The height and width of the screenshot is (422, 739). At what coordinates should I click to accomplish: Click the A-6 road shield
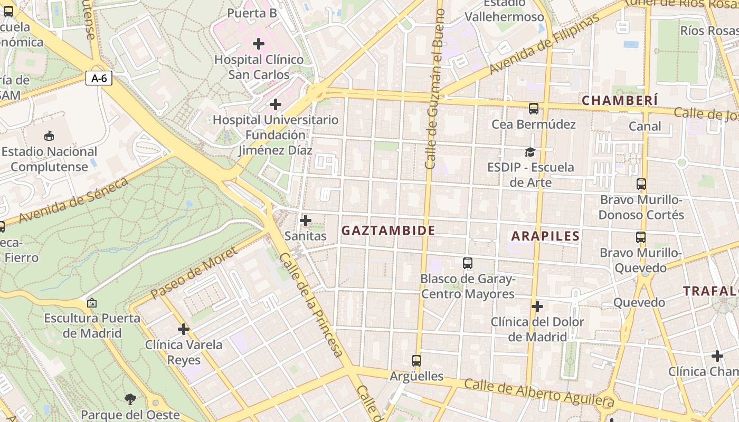pos(99,79)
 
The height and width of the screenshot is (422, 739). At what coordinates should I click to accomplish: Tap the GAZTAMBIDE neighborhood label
pos(388,231)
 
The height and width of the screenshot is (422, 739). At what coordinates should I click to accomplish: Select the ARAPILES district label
pos(545,236)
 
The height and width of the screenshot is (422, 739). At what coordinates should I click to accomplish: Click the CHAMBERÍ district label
pos(620,100)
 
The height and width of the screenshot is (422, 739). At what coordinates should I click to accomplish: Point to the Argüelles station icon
pos(416,361)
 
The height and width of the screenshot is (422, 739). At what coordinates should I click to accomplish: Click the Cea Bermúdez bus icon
pos(534,109)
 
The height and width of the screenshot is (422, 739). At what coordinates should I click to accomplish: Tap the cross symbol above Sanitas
pos(306,220)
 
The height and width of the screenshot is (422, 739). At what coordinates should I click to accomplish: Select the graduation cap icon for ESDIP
pos(530,152)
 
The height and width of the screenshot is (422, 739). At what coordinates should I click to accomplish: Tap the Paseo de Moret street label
pos(194,273)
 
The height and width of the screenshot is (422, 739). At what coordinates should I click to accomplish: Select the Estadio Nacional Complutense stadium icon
pos(49,136)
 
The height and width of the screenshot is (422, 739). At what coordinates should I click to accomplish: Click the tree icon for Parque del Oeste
pos(130,399)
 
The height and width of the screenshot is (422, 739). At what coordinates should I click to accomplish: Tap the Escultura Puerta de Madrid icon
pos(92,303)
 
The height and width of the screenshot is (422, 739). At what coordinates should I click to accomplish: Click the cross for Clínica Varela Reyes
pos(184,329)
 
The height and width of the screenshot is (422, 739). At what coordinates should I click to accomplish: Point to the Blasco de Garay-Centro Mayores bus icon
pos(467,263)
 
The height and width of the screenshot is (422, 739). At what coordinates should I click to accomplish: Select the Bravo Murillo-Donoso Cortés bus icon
pos(641,184)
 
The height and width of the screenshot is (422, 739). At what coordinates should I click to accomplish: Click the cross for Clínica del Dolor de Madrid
pos(537,306)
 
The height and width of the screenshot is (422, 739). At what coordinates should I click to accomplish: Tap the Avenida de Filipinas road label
pos(544,45)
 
